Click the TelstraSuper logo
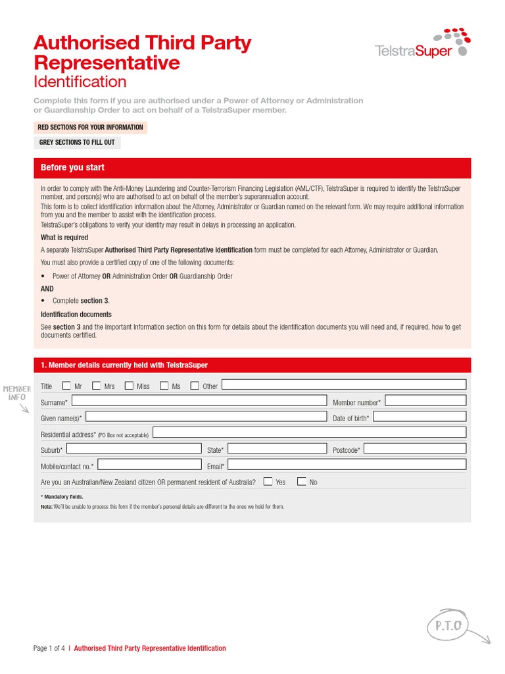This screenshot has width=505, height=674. click(x=421, y=43)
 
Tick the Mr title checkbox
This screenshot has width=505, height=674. click(x=66, y=386)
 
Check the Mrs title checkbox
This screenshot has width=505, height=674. click(x=97, y=386)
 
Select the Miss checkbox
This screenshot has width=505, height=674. click(x=129, y=386)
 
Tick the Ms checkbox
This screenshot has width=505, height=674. click(x=164, y=386)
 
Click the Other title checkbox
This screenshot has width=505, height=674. click(x=195, y=386)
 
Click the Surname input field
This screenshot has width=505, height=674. click(x=199, y=401)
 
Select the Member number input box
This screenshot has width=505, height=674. click(x=425, y=401)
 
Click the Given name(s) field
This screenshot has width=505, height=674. click(x=206, y=417)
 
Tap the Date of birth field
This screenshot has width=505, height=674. click(x=420, y=417)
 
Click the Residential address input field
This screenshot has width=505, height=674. click(x=309, y=432)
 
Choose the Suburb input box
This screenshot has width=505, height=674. click(x=134, y=449)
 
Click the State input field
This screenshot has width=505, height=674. click(x=277, y=449)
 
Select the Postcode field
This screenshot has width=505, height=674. click(x=415, y=449)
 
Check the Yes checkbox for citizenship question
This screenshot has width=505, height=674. click(x=268, y=481)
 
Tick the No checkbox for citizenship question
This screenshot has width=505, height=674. click(x=301, y=481)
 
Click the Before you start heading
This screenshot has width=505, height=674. click(x=72, y=168)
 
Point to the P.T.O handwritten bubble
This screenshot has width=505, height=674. click(x=447, y=625)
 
